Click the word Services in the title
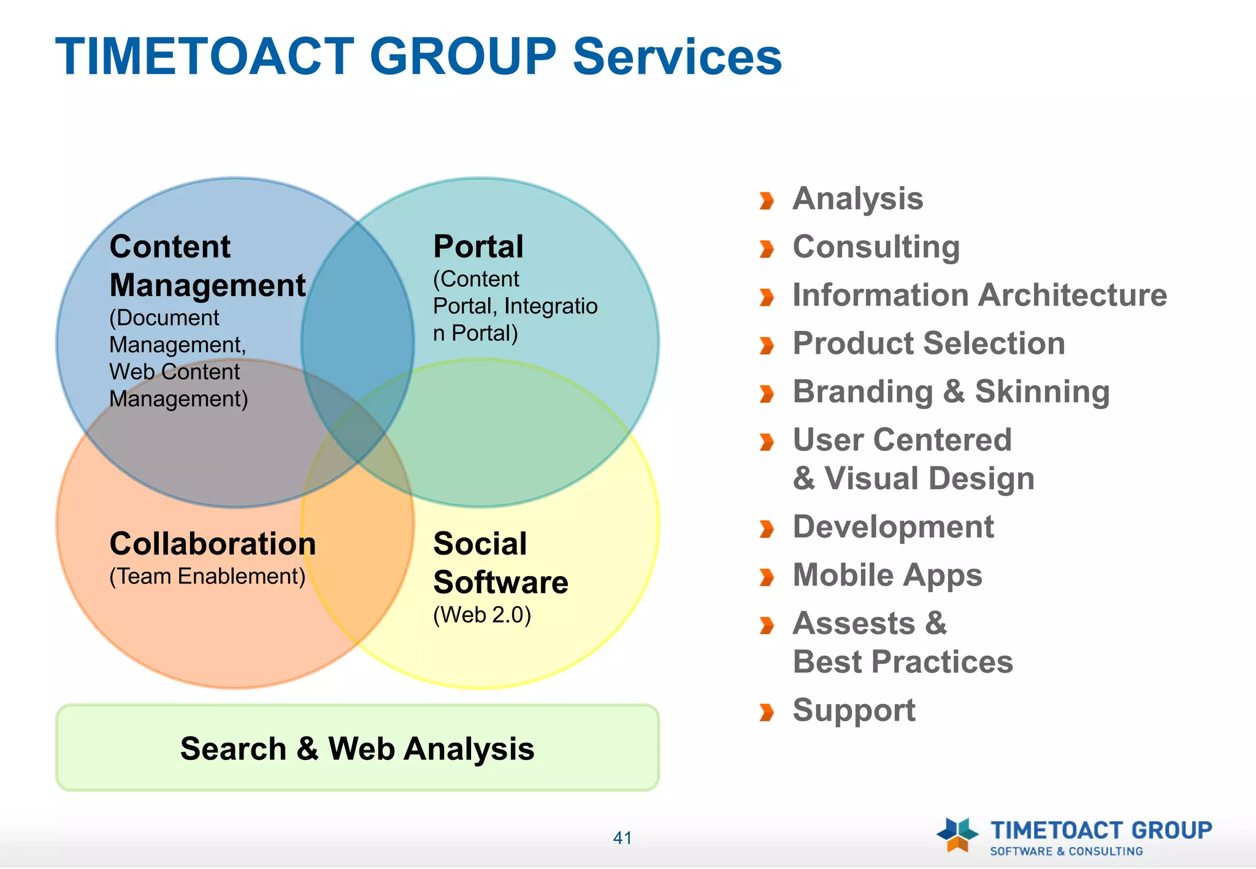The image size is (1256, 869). point(677,56)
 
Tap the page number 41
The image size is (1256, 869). point(622,838)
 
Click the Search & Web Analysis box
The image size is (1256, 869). point(357,748)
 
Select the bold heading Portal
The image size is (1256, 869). point(478,247)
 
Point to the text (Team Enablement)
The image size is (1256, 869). point(207,577)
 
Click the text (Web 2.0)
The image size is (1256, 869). point(482,615)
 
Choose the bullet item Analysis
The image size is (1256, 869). point(857,199)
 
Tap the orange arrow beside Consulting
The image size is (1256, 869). point(766,249)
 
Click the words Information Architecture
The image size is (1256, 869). point(979,295)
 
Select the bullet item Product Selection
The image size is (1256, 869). point(929,343)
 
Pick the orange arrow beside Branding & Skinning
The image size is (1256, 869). point(766,393)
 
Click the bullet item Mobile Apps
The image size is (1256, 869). point(887,575)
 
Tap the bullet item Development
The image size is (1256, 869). point(893,527)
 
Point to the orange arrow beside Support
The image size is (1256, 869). point(766,712)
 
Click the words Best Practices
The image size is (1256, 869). point(902,662)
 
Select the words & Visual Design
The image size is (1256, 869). point(913,479)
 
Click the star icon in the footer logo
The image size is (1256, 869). point(957,834)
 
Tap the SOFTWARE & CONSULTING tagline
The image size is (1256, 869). point(1066,851)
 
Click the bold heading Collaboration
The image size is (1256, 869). point(212,544)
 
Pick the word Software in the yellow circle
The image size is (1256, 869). point(500,582)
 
